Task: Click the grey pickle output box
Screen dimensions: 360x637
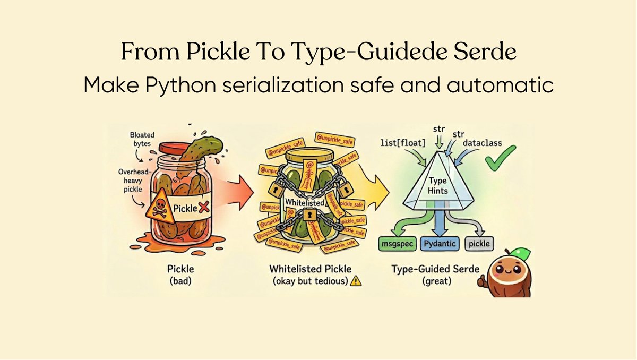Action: tap(479, 244)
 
